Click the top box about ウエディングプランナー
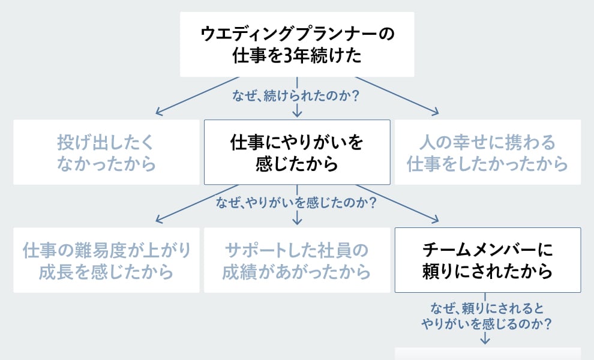pyautogui.click(x=297, y=44)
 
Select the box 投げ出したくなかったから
pyautogui.click(x=106, y=152)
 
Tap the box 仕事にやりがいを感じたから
pyautogui.click(x=297, y=152)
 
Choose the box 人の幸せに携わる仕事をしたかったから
pyautogui.click(x=487, y=152)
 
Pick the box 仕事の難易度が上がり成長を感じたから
pyautogui.click(x=106, y=260)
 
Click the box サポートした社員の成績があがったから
pyautogui.click(x=297, y=260)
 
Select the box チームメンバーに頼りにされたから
pyautogui.click(x=487, y=260)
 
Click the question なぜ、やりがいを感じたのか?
pyautogui.click(x=296, y=203)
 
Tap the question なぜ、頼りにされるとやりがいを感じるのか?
pyautogui.click(x=487, y=316)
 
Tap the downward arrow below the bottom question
pyautogui.click(x=485, y=338)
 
